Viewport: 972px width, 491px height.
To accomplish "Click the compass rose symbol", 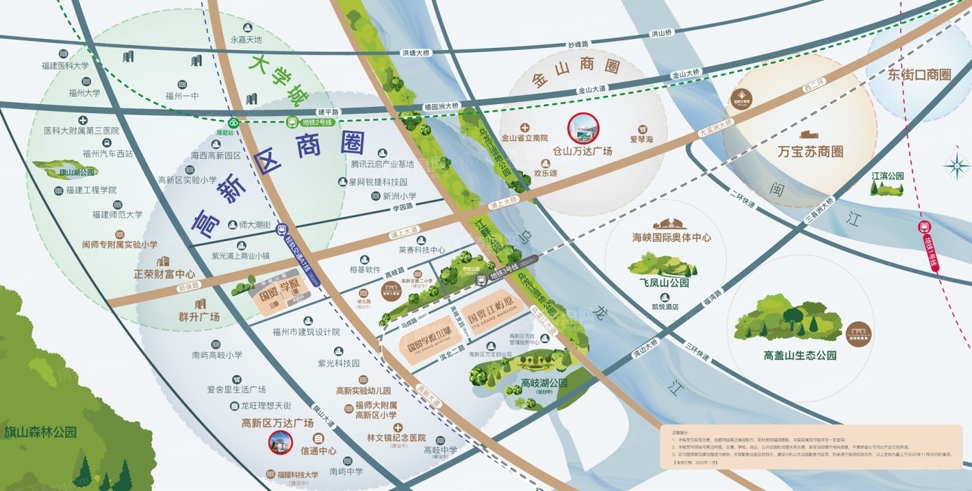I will click(x=957, y=165).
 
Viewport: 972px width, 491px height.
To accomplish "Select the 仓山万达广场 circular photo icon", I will click(x=582, y=128).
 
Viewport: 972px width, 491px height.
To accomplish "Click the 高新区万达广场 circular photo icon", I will click(x=281, y=442).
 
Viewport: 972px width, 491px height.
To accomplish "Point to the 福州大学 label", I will click(x=84, y=92).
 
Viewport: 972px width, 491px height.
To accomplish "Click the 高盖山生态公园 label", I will click(x=800, y=356).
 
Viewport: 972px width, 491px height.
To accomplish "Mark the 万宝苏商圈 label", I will click(x=810, y=151).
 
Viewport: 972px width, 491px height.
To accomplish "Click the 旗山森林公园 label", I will click(x=40, y=432).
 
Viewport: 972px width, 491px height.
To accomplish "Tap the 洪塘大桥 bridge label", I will click(x=416, y=53).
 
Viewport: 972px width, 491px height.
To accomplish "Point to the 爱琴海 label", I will click(x=642, y=139).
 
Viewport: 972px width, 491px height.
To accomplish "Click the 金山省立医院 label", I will click(x=524, y=138).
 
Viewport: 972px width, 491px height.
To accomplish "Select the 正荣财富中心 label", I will click(x=164, y=274).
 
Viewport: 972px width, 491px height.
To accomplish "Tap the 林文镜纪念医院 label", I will click(x=396, y=438).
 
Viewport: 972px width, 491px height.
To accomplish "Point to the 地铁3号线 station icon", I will click(x=481, y=280).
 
